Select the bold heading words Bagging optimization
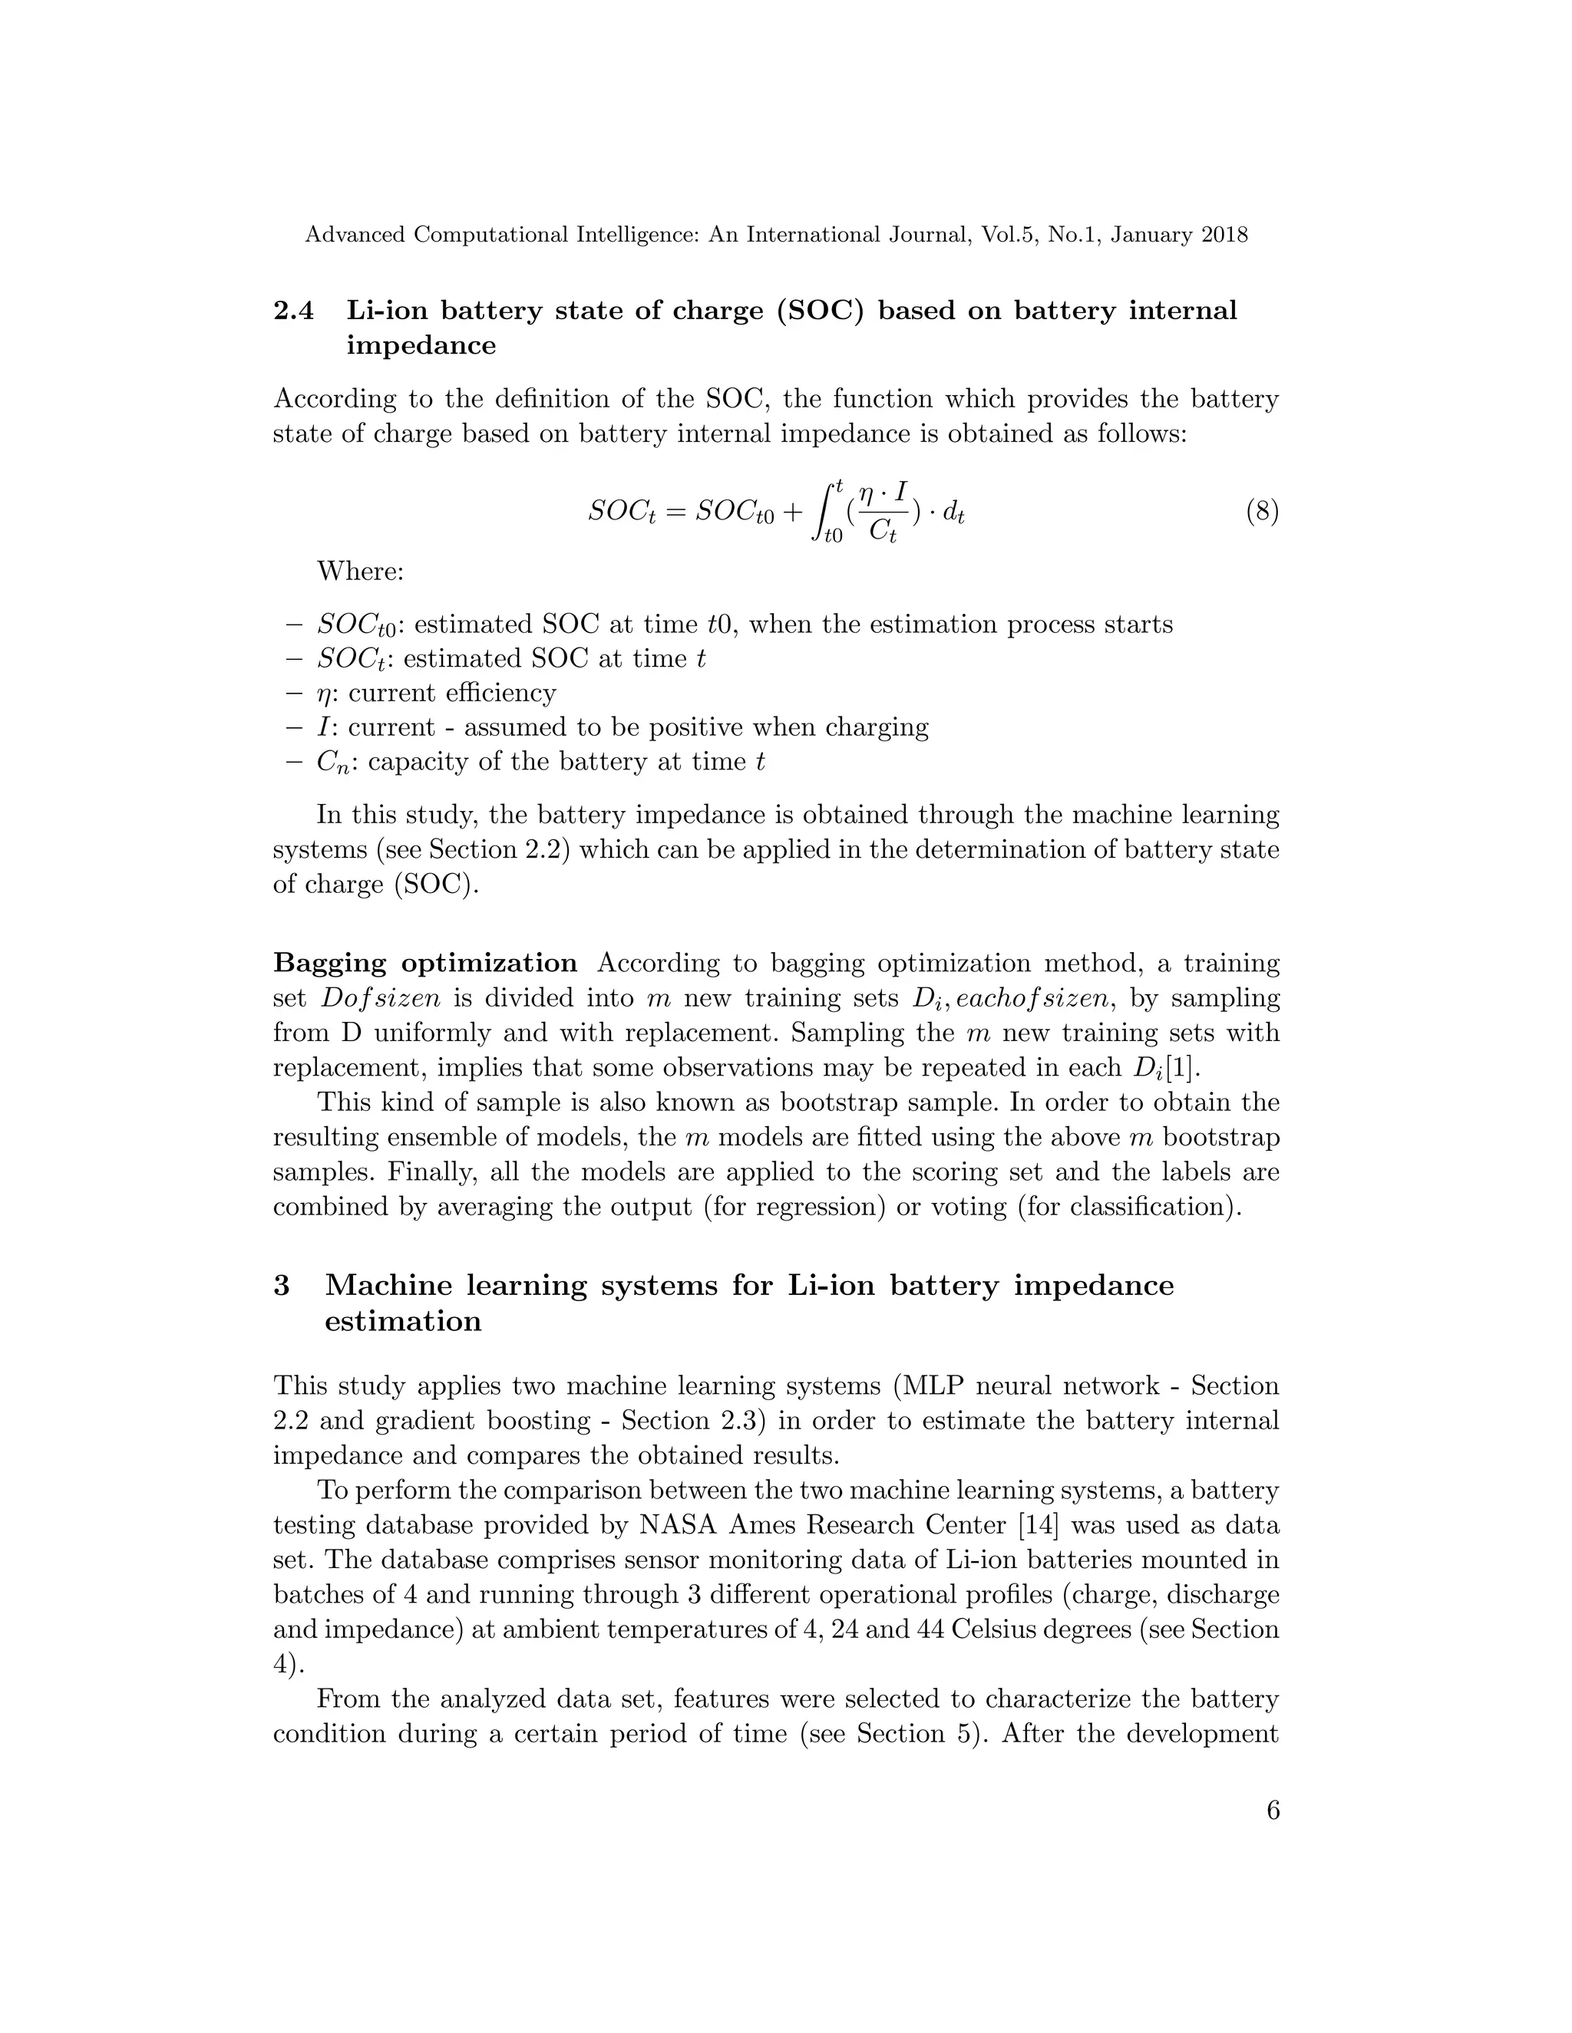click(425, 963)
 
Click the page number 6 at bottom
click(1272, 1811)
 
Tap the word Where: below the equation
click(361, 571)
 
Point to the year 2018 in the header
click(1224, 235)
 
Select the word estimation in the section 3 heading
click(403, 1321)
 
